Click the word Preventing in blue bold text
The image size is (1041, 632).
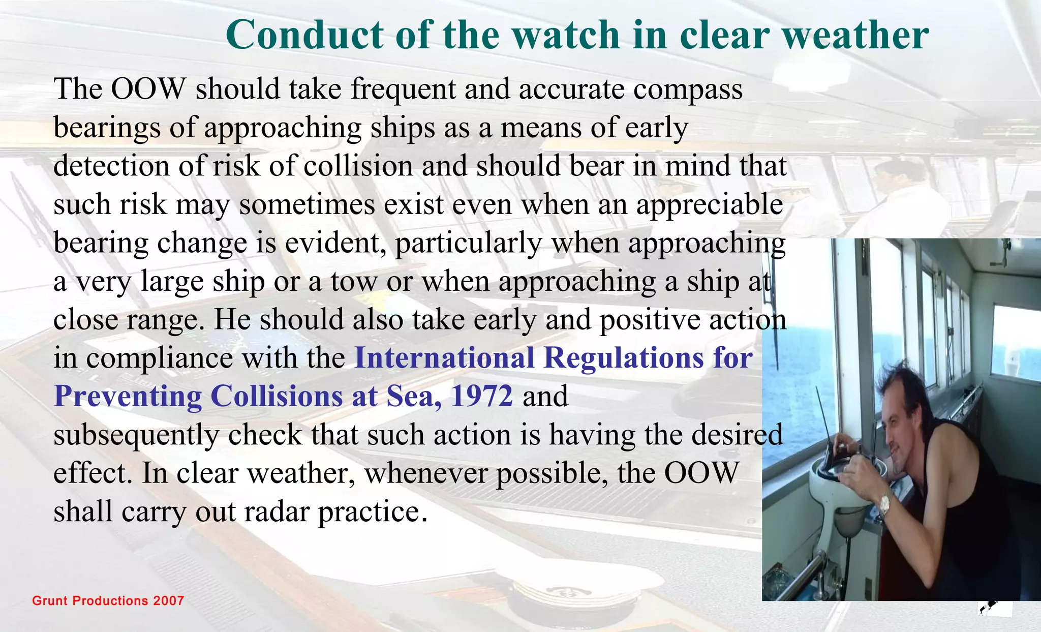[128, 397]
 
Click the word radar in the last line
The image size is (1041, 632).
[277, 511]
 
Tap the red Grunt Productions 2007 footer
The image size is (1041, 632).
[108, 600]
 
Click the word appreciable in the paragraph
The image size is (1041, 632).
[710, 205]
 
